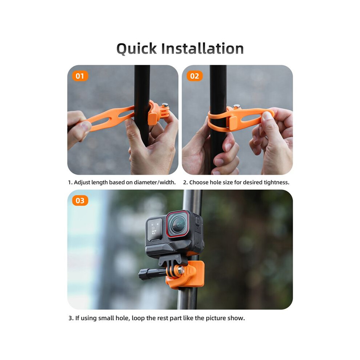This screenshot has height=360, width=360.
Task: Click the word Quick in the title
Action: [137, 49]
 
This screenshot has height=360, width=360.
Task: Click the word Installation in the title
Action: [202, 48]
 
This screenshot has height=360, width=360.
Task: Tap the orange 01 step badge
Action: [80, 76]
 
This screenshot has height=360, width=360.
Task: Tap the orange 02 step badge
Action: [195, 76]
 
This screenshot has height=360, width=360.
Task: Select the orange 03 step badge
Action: [80, 201]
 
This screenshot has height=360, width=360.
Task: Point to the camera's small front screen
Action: [154, 229]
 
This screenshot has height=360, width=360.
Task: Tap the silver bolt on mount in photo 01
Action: [165, 105]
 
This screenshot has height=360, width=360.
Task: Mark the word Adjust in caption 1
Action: [82, 183]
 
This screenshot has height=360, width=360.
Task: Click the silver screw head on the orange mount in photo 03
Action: [181, 270]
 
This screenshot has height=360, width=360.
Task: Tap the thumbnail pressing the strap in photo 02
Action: [266, 115]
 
